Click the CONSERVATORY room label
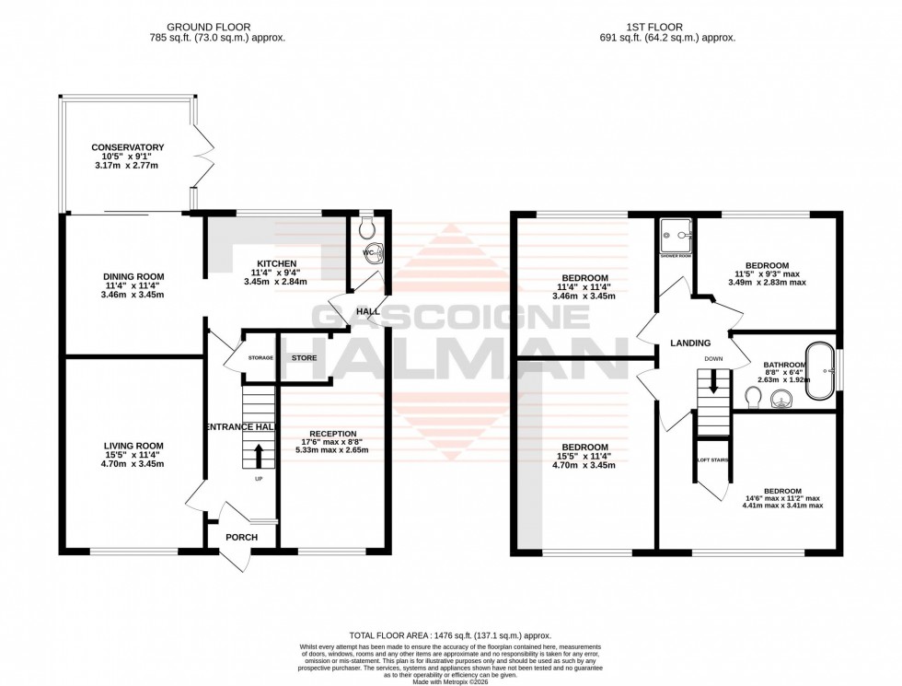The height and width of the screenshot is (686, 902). click(127, 147)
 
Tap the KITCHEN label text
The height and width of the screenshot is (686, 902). click(276, 263)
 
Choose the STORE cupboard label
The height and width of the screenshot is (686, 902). click(304, 357)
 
